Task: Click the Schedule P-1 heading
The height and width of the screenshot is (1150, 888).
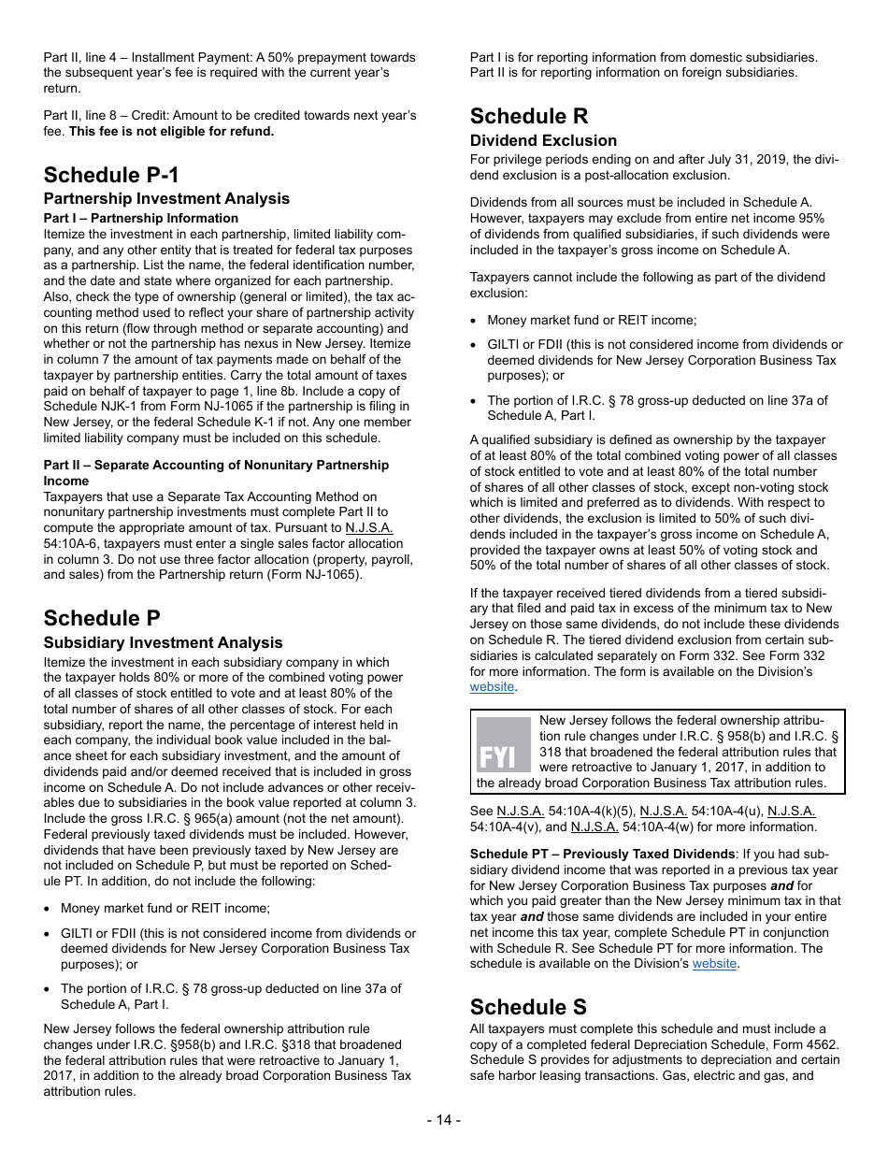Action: point(111,175)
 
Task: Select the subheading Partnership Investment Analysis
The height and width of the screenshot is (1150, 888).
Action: point(166,198)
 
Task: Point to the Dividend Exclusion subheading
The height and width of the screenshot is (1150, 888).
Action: point(543,140)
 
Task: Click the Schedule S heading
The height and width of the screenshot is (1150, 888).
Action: point(528,1006)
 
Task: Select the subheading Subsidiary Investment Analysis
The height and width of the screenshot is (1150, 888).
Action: point(163,642)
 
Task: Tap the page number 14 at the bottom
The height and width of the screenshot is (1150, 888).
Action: point(443,1120)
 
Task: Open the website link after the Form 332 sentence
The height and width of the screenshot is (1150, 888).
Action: point(492,687)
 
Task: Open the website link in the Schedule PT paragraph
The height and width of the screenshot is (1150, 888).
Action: point(715,964)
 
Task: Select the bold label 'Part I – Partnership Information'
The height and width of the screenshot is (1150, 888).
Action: point(140,218)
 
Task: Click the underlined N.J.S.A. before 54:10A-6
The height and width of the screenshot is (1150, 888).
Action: point(369,527)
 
